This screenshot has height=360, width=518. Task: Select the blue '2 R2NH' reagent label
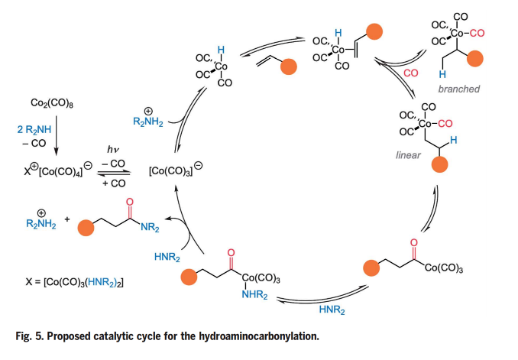(34, 131)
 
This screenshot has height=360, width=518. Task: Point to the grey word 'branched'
(459, 89)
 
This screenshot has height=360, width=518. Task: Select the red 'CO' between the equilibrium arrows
(410, 74)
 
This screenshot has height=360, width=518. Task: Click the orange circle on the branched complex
(476, 59)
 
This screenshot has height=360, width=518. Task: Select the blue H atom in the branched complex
(442, 75)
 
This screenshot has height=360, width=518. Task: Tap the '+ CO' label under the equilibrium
(115, 184)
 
